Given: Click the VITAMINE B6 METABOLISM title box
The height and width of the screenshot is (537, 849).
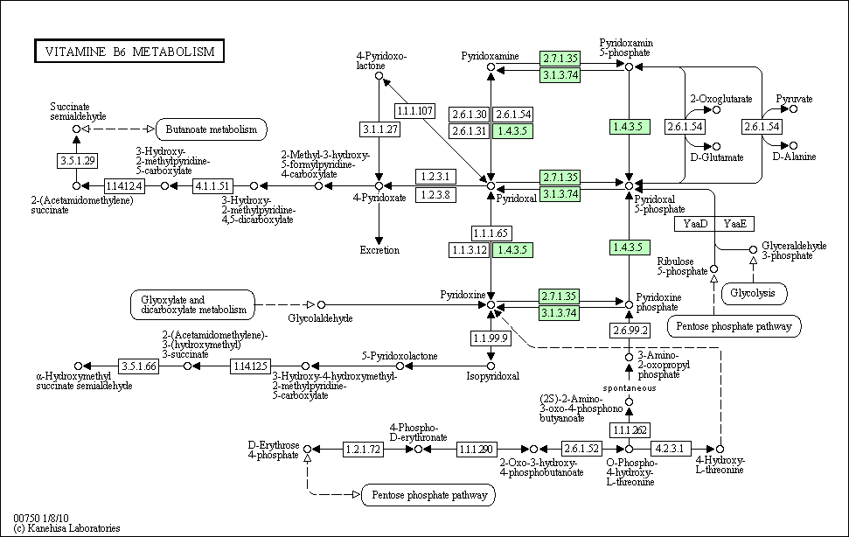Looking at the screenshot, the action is click(129, 52).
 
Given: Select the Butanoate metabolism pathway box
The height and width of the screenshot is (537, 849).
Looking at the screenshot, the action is click(212, 129).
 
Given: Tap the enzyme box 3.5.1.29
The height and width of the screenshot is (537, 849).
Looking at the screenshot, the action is click(78, 161).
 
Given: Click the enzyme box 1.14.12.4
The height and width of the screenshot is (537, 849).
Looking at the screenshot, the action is click(124, 186).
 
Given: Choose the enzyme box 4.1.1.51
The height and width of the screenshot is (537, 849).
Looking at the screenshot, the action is click(212, 186).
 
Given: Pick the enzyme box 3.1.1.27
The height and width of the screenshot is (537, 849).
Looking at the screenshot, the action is click(380, 129).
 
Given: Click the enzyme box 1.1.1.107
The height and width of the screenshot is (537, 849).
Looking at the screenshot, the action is click(414, 111).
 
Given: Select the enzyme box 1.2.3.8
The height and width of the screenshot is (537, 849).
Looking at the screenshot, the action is click(435, 195).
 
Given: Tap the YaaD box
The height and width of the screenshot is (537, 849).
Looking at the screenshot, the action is click(695, 224).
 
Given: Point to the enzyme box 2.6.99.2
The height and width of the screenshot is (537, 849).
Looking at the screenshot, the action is click(630, 331).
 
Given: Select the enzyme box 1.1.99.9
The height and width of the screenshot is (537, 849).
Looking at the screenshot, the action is click(491, 338).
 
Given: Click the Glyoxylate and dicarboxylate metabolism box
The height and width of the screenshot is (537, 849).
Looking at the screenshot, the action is click(192, 304).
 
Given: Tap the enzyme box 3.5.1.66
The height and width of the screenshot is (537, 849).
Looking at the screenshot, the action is click(139, 366).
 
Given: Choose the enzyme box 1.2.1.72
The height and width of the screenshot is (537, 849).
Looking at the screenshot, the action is click(364, 450).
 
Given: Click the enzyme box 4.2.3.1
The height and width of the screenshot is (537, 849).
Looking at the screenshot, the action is click(671, 449).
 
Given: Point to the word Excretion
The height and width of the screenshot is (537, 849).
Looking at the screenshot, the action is click(379, 250).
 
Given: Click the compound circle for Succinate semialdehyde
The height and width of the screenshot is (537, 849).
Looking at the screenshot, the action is click(76, 129).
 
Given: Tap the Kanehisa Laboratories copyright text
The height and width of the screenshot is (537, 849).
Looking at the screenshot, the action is click(66, 528).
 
